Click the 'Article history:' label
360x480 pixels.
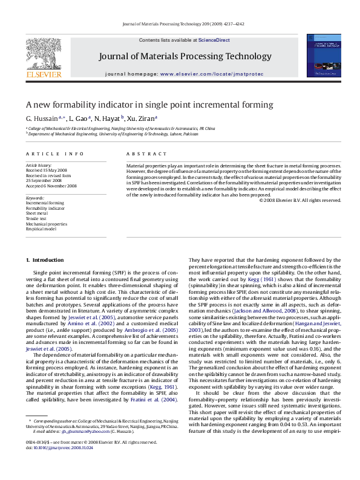(39, 165)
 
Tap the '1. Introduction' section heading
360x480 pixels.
(44, 260)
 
